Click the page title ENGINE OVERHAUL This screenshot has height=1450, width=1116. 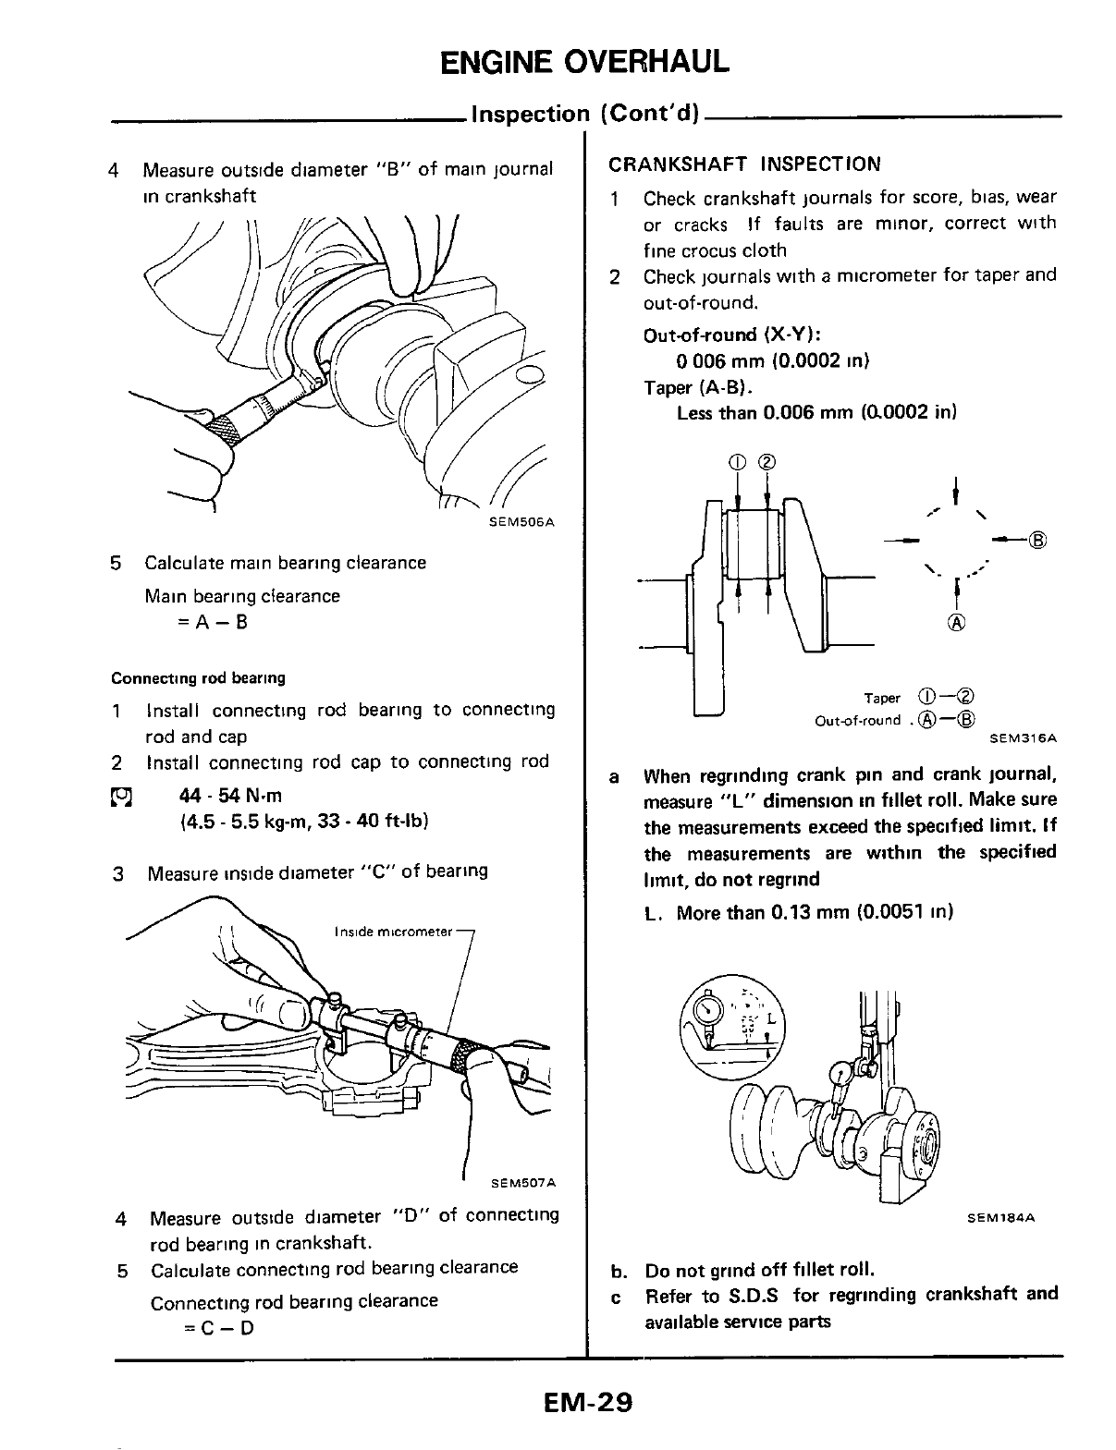click(584, 60)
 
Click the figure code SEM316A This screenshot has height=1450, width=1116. click(1023, 738)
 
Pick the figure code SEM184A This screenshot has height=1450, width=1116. click(1000, 1218)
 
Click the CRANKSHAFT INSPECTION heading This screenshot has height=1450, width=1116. click(744, 164)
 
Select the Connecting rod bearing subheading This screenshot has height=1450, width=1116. click(198, 678)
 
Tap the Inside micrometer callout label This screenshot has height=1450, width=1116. click(394, 932)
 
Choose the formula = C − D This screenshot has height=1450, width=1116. click(218, 1328)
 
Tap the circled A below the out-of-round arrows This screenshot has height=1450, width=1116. click(955, 623)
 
